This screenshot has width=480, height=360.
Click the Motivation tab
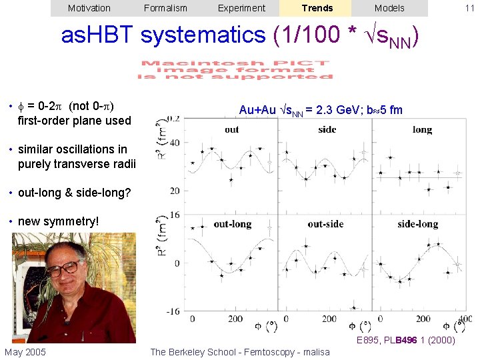coord(89,8)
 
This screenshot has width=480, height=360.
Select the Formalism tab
coord(165,8)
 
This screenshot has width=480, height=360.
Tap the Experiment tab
coord(241,8)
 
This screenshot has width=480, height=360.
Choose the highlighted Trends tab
coord(317,8)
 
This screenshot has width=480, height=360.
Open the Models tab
coord(389,8)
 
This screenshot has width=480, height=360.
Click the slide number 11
coord(469,8)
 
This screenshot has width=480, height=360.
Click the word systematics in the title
coord(204,35)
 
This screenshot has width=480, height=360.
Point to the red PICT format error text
coord(235,70)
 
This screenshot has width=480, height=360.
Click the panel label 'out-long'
coord(233,224)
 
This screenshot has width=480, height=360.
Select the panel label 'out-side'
coord(325,224)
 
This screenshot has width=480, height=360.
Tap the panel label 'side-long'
coord(418,224)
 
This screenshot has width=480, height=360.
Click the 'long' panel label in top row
coord(422,129)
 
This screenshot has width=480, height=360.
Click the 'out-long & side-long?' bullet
coord(75,193)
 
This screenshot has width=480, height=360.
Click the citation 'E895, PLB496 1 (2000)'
coord(405,341)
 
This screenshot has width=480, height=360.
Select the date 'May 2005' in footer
coord(25,352)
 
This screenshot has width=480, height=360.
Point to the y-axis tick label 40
coord(175,143)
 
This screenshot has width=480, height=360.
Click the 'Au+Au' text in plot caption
coord(257,109)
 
